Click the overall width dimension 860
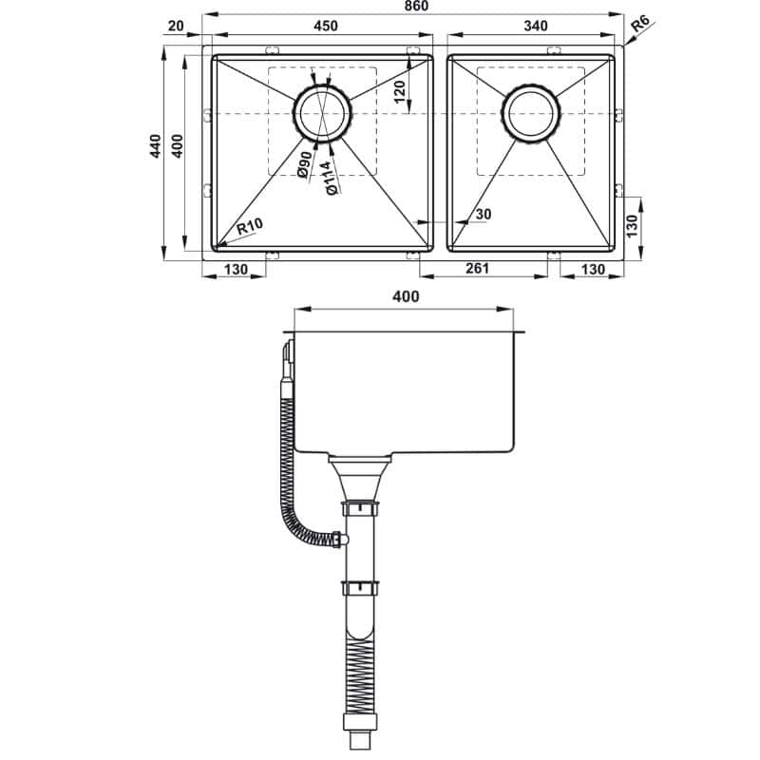415,7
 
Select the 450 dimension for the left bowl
325,26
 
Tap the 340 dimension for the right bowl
535,26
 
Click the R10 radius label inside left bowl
249,227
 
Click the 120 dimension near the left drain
400,92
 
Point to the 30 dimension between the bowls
483,215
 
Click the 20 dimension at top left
174,26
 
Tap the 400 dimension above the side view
406,296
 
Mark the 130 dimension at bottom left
235,270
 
